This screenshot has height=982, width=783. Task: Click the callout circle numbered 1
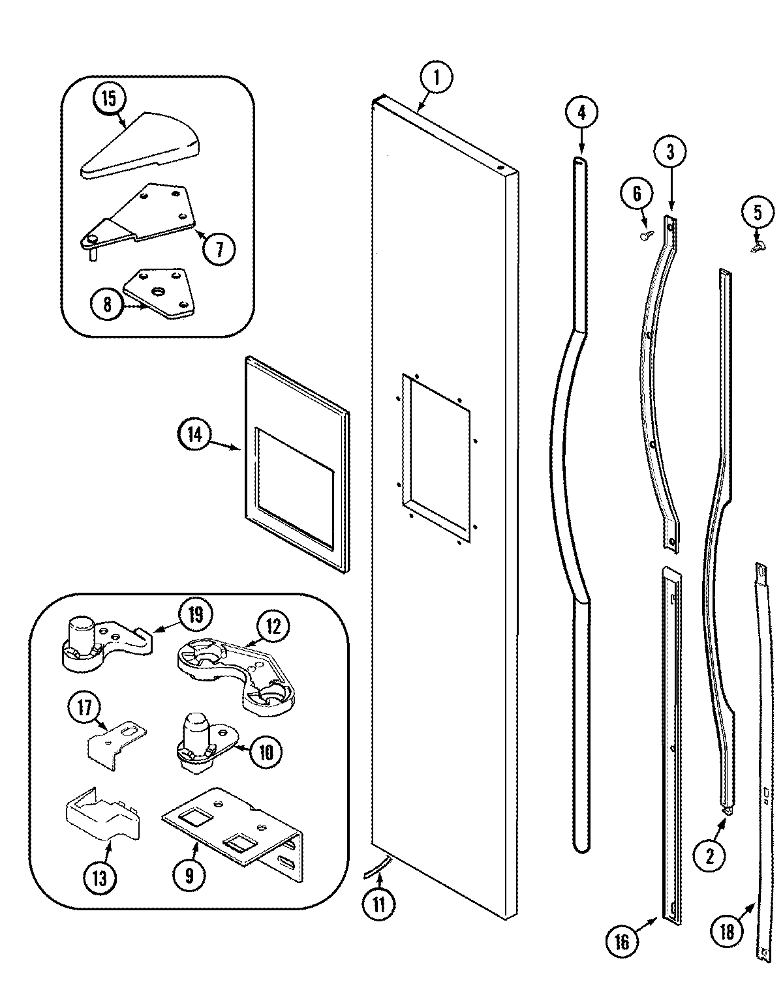point(437,78)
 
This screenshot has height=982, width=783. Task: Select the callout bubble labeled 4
point(581,112)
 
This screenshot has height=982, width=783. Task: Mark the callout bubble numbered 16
point(622,941)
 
